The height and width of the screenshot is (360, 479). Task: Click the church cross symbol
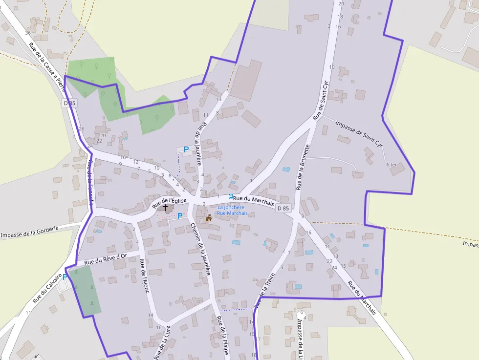165,208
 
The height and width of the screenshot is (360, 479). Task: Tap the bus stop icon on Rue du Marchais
230,196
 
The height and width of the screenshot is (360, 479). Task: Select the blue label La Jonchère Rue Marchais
232,210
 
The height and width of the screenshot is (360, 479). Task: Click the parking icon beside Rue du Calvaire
65,276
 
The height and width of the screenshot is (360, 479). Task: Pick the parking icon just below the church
180,215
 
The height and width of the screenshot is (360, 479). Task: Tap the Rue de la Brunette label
302,167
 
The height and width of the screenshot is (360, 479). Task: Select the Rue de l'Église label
169,201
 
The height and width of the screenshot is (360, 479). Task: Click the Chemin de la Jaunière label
201,249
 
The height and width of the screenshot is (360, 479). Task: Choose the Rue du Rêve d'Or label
106,259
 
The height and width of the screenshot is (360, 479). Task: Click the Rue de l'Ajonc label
144,275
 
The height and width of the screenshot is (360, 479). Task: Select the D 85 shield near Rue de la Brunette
283,208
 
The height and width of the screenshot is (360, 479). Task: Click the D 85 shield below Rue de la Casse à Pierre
70,103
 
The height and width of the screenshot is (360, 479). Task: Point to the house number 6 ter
392,165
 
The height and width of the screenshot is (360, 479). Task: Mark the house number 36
28,33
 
